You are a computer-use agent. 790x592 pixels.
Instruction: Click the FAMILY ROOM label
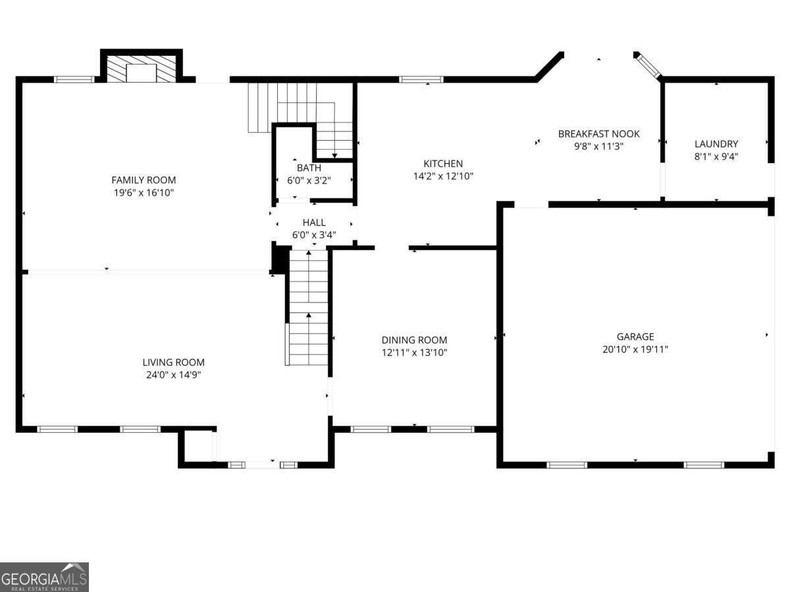point(144,180)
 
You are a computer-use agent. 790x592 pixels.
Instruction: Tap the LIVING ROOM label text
point(173,362)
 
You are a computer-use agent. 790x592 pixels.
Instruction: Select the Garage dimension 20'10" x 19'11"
point(635,349)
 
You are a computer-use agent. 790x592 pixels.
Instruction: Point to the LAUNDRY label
point(716,144)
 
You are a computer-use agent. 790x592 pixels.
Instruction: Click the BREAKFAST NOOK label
point(598,134)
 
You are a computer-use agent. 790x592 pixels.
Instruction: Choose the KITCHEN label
point(442,164)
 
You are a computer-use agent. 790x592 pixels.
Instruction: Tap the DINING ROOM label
point(414,340)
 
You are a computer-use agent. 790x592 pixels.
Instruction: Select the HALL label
point(314,223)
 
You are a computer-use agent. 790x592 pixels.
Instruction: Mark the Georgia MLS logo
point(44,577)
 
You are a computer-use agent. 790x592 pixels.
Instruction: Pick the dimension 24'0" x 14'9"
point(173,375)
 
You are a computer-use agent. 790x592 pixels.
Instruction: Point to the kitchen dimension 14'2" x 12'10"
point(442,176)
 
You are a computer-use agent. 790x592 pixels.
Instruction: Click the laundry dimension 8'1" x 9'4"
point(716,157)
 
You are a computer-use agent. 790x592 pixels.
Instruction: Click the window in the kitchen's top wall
point(421,80)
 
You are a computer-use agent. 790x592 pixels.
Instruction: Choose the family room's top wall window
point(74,80)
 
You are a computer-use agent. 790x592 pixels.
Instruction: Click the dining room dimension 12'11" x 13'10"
point(414,353)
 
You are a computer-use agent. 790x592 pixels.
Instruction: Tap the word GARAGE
point(635,337)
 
